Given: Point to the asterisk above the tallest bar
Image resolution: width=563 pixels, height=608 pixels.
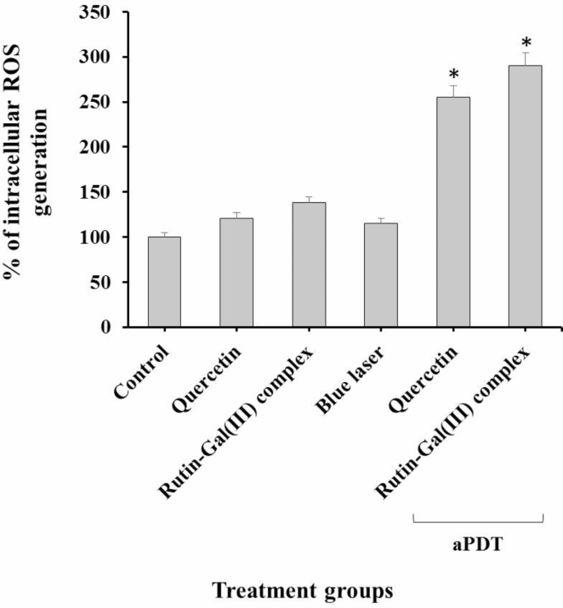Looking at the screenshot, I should click(x=525, y=41).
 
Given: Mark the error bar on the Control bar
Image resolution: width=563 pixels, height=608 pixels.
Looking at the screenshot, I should click(x=164, y=234).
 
